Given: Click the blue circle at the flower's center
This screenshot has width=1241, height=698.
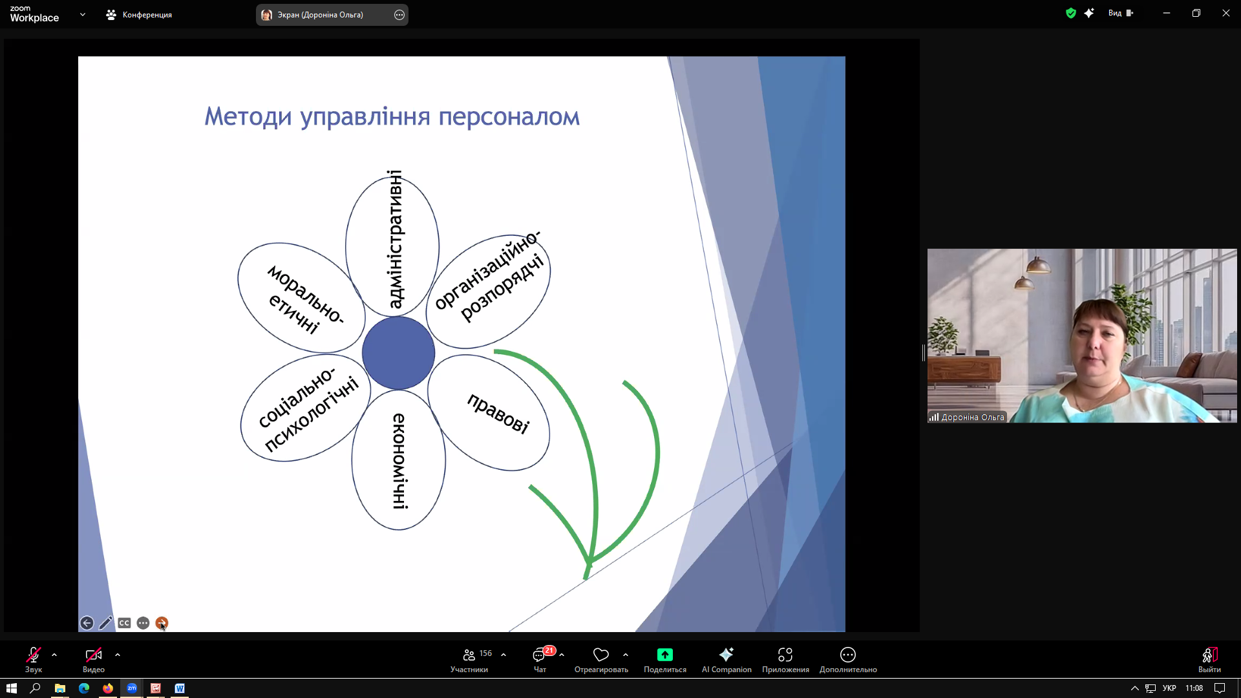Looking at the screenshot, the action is tap(398, 353).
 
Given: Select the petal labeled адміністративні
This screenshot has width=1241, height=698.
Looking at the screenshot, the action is tap(392, 246).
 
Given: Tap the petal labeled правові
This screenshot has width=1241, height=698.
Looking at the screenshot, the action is tap(489, 412).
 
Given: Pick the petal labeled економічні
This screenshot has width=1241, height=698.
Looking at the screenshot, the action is tap(399, 460).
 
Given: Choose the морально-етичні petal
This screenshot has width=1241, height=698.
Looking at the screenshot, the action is tap(301, 298).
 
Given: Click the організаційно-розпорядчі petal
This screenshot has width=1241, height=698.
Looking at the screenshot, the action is tap(489, 291).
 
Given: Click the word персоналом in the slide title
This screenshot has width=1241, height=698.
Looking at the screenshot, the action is tap(509, 117).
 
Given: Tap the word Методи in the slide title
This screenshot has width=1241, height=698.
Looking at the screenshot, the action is tap(248, 117).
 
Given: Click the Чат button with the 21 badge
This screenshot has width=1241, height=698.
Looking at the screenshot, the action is tap(540, 659).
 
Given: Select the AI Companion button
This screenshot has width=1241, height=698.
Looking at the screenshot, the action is tap(727, 659).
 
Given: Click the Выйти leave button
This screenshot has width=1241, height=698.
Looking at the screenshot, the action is tap(1209, 659).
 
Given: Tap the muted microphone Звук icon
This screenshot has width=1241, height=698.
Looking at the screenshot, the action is tap(34, 655).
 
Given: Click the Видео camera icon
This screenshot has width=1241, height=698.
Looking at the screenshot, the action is tap(94, 655).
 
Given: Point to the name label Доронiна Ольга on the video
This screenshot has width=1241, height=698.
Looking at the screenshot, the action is tap(973, 418).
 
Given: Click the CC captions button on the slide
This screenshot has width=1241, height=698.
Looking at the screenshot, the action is tap(124, 623).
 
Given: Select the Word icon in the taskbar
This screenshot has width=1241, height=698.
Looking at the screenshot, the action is tap(180, 688).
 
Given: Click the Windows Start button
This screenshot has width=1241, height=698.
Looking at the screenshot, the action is tap(12, 688).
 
